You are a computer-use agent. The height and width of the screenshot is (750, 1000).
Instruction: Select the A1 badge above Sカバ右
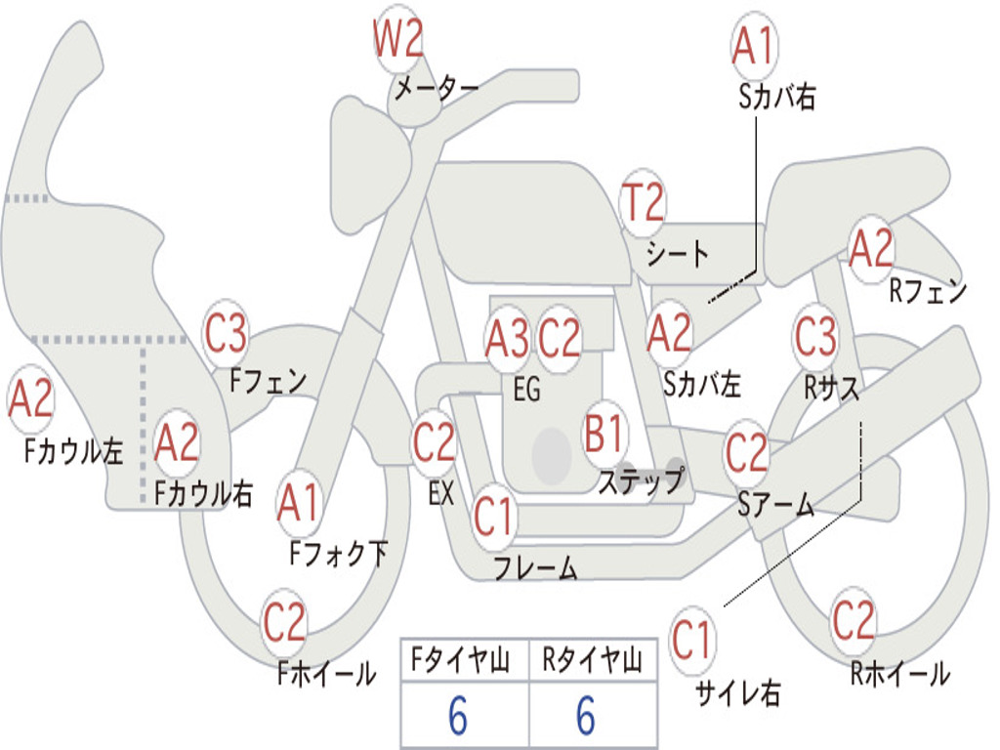click(753, 47)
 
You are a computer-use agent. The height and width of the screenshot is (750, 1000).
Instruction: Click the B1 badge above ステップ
click(605, 433)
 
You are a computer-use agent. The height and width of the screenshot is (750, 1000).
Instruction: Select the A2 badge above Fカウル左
click(30, 400)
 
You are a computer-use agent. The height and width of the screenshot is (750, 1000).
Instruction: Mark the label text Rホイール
click(899, 674)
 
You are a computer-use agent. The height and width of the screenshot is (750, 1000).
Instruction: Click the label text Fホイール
click(327, 674)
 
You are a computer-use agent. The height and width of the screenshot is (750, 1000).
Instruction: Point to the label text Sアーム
click(776, 505)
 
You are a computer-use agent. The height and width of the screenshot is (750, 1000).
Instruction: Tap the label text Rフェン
click(928, 290)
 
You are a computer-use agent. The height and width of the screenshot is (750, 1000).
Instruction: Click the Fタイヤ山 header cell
click(464, 662)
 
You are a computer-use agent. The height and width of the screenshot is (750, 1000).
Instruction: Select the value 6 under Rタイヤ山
click(586, 718)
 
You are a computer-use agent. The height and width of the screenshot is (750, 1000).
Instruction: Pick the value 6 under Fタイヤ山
click(458, 718)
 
